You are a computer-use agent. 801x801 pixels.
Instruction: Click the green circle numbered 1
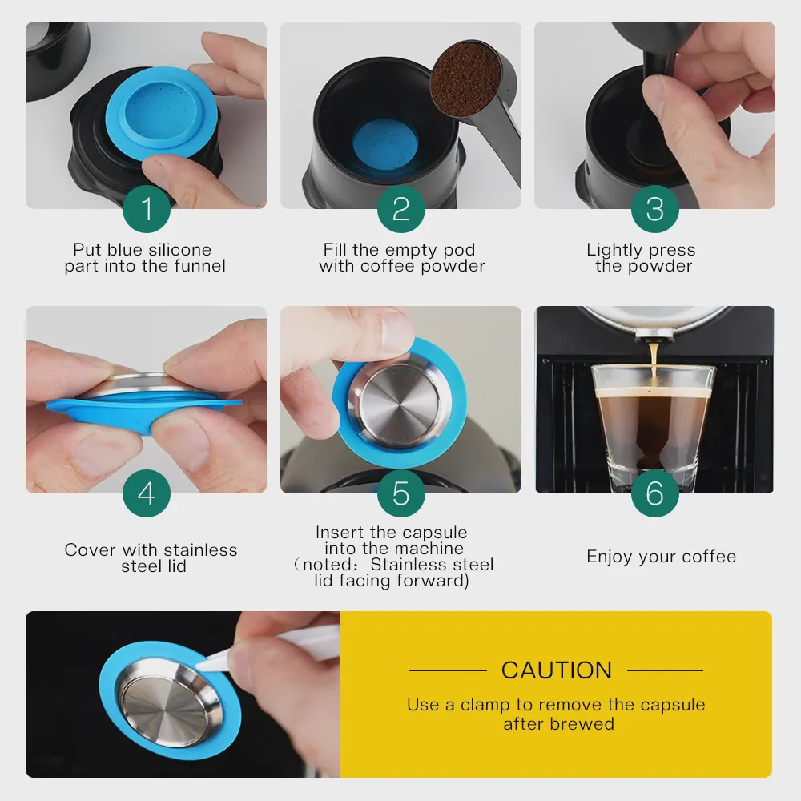[x=147, y=209]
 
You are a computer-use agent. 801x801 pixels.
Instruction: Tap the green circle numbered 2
[x=401, y=209]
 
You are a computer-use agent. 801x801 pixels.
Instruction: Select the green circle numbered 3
[x=655, y=209]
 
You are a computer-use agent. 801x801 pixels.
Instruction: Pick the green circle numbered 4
[x=147, y=493]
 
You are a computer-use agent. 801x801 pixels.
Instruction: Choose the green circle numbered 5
[x=401, y=493]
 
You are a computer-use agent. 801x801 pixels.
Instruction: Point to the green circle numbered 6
[x=655, y=493]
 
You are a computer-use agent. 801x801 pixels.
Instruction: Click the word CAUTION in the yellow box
[x=557, y=670]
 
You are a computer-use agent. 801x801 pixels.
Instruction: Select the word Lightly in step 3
[x=612, y=250]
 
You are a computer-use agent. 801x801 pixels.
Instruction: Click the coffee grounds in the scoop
[x=465, y=78]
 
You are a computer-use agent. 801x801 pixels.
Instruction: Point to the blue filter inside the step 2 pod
[x=386, y=143]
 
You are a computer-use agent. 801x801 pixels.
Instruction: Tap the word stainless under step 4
[x=201, y=550]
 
